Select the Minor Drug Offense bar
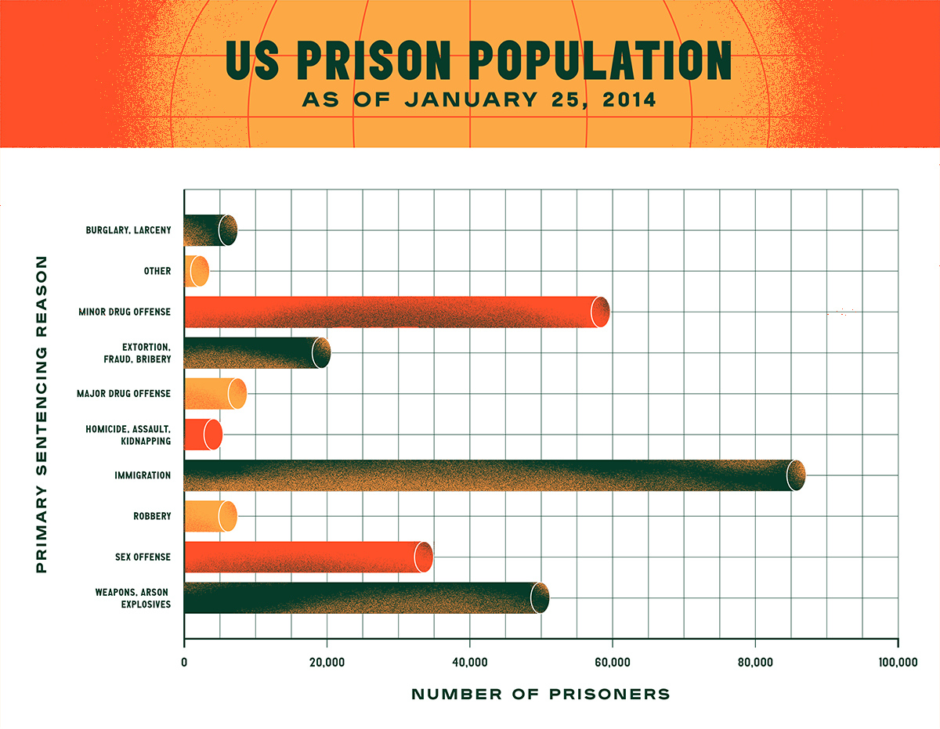tap(392, 312)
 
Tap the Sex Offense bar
tap(305, 557)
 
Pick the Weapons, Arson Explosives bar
tap(360, 598)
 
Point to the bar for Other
tap(196, 271)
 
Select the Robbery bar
tap(208, 516)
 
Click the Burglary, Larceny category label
tap(128, 230)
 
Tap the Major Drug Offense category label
tap(124, 393)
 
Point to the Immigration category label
tap(143, 475)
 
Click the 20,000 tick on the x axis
tap(327, 662)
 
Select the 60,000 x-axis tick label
tap(613, 662)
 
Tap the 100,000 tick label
tap(897, 662)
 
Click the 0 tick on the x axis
tap(184, 662)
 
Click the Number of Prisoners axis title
tap(540, 694)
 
